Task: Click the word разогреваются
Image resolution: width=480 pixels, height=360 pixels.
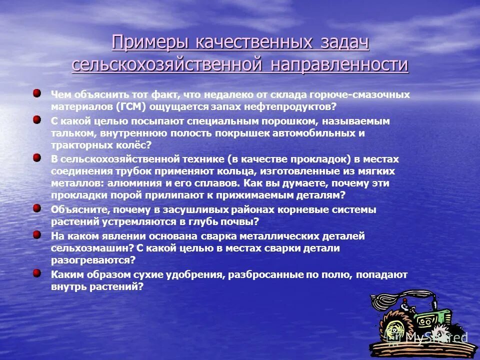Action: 92,260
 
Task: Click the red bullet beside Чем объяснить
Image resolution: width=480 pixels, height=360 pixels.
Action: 37,93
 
